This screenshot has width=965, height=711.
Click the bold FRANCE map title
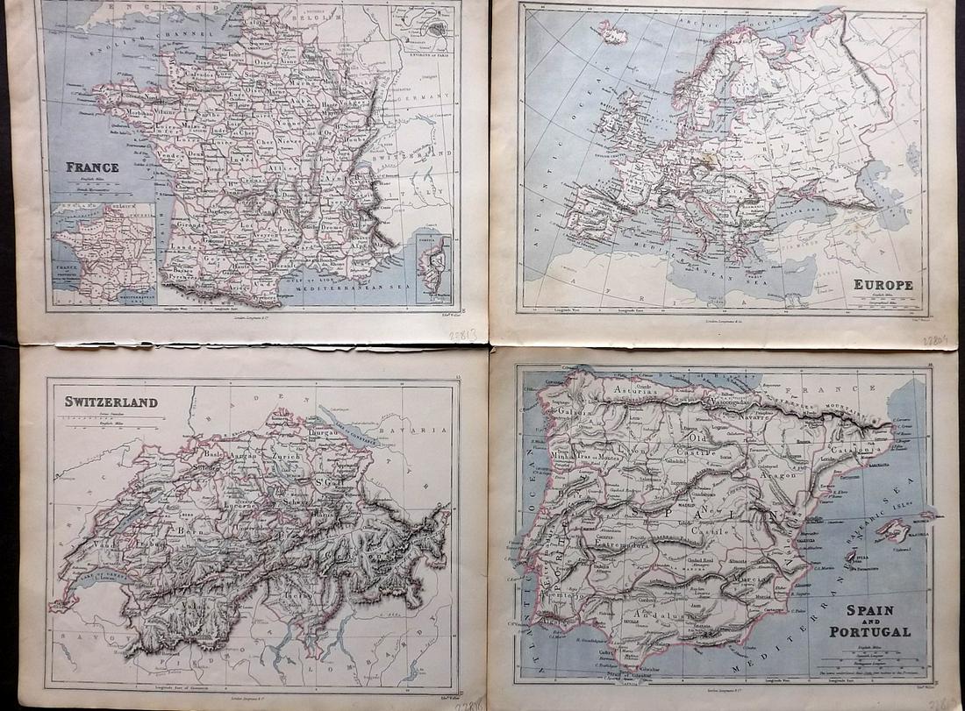coord(93,167)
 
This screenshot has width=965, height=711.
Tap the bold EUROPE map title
coord(883,285)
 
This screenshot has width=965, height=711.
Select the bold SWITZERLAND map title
coord(111,402)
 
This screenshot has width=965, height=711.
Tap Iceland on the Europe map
coord(612,36)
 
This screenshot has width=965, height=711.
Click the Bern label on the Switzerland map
coord(186,530)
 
